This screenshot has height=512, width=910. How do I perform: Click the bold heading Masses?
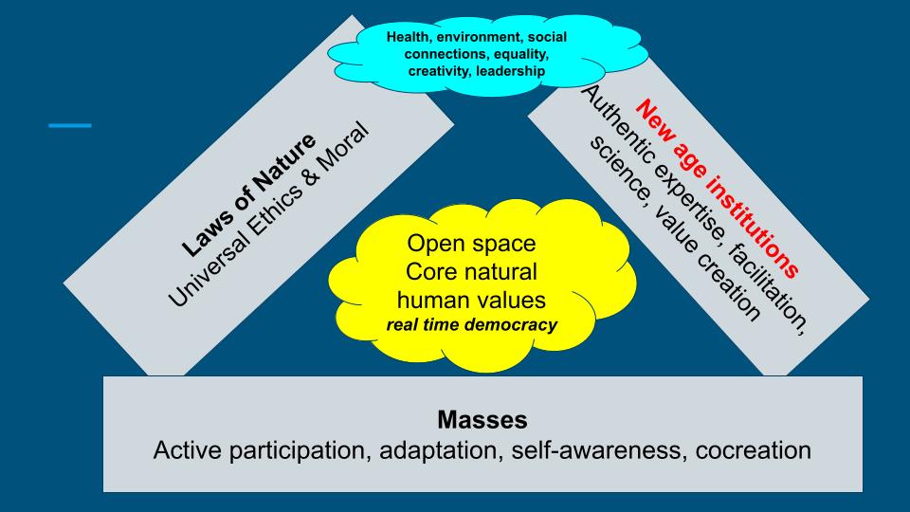[x=482, y=418]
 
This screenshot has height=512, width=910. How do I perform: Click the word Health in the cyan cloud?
[x=409, y=37]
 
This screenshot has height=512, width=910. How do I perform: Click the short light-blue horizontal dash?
[x=70, y=125]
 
